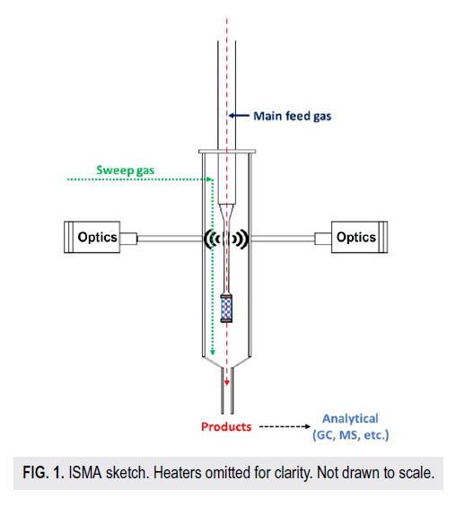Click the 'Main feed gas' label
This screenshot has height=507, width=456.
[292, 116]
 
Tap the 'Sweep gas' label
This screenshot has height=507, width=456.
[126, 170]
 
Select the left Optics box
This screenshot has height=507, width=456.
[92, 237]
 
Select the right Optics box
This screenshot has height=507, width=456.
[359, 237]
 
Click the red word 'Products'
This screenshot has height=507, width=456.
[226, 427]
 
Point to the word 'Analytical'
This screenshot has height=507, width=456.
[350, 419]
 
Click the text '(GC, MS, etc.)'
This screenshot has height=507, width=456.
[351, 435]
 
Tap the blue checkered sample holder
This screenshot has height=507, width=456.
[226, 308]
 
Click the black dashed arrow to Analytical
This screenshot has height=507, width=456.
[285, 427]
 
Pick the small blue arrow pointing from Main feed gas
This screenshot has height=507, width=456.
[239, 116]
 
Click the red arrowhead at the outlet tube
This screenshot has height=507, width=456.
[227, 382]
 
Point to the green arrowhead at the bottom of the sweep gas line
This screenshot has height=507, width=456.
[213, 352]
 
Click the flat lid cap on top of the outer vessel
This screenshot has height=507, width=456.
[227, 152]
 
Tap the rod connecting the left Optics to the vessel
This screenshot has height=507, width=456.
[171, 239]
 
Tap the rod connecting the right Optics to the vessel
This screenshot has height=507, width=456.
[283, 239]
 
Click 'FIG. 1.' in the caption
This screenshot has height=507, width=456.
[43, 473]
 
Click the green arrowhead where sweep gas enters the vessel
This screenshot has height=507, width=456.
[210, 179]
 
